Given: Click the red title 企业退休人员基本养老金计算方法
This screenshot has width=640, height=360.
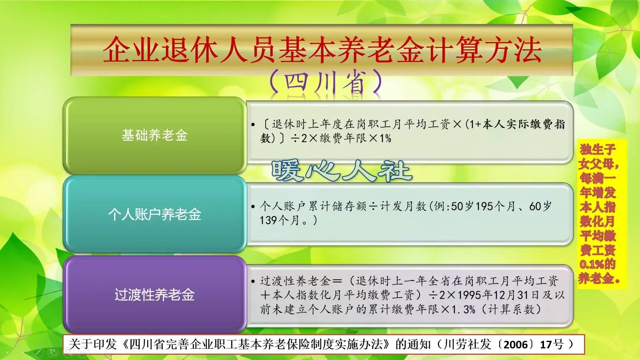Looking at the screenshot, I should pyautogui.click(x=322, y=50).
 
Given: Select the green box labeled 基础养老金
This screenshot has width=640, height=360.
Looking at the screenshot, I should pyautogui.click(x=154, y=135).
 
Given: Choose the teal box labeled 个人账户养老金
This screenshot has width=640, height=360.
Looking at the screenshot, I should pyautogui.click(x=154, y=214).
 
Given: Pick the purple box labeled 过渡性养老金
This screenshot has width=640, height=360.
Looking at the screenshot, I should pyautogui.click(x=154, y=295).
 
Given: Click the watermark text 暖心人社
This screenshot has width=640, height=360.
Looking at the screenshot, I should pyautogui.click(x=341, y=171).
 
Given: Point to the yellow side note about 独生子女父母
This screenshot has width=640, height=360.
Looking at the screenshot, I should pyautogui.click(x=598, y=214).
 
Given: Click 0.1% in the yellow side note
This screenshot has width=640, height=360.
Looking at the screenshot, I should pyautogui.click(x=592, y=264).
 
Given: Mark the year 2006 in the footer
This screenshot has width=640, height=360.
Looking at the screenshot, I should pyautogui.click(x=516, y=344).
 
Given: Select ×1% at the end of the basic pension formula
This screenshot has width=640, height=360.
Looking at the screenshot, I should pyautogui.click(x=380, y=138).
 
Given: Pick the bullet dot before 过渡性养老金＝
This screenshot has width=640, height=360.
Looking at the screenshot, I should pyautogui.click(x=253, y=282).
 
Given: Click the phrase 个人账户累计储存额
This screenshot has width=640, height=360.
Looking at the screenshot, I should pyautogui.click(x=313, y=206).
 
